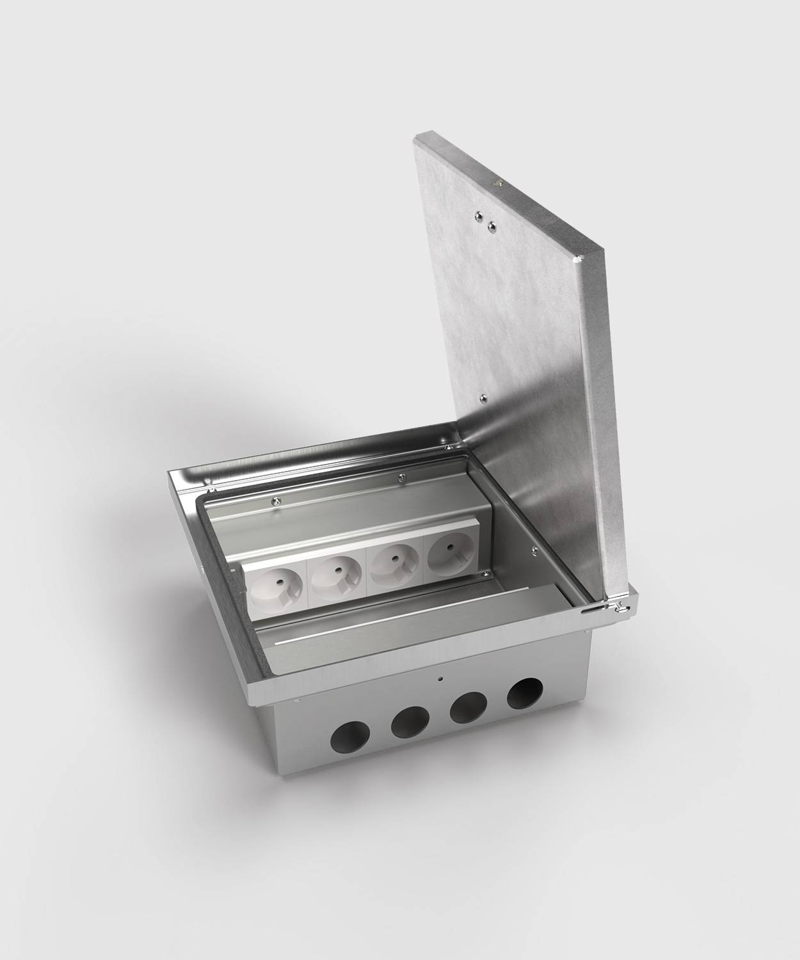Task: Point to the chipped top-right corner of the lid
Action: click(579, 259)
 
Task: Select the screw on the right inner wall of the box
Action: click(533, 548)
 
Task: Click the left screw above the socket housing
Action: click(275, 501)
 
